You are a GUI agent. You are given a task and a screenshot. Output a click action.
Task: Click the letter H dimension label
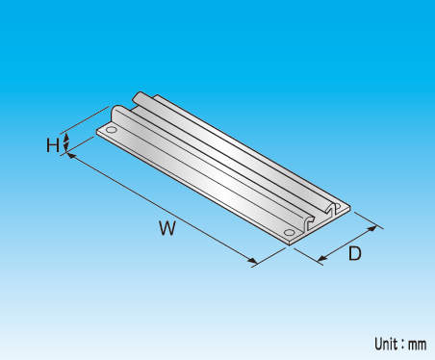(x=53, y=145)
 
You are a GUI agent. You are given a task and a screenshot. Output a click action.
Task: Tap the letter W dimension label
(x=167, y=228)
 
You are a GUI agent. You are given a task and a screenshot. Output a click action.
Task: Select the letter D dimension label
(x=355, y=253)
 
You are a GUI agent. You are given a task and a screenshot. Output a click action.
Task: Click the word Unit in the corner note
(x=385, y=344)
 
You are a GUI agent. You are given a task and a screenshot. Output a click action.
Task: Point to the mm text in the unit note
(x=418, y=346)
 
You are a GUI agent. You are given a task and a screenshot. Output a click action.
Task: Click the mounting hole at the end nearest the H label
(x=112, y=130)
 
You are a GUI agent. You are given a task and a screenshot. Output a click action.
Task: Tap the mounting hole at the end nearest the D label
(x=289, y=232)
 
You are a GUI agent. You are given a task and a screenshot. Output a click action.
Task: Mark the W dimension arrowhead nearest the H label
(x=71, y=156)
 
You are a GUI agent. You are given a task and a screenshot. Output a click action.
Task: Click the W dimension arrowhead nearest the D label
(x=252, y=262)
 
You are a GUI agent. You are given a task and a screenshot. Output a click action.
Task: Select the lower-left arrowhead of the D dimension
(x=321, y=258)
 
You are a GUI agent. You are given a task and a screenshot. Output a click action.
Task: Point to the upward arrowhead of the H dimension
(x=66, y=137)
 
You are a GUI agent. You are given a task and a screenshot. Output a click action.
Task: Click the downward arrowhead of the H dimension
(x=66, y=147)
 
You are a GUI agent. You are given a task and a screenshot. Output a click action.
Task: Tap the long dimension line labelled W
(x=162, y=209)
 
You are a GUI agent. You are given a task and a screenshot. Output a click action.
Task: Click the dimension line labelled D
(x=346, y=244)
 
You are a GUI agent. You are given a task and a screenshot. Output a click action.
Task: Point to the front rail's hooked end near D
(x=310, y=223)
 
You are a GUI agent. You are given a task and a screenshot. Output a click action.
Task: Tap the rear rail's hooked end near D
(x=333, y=210)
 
